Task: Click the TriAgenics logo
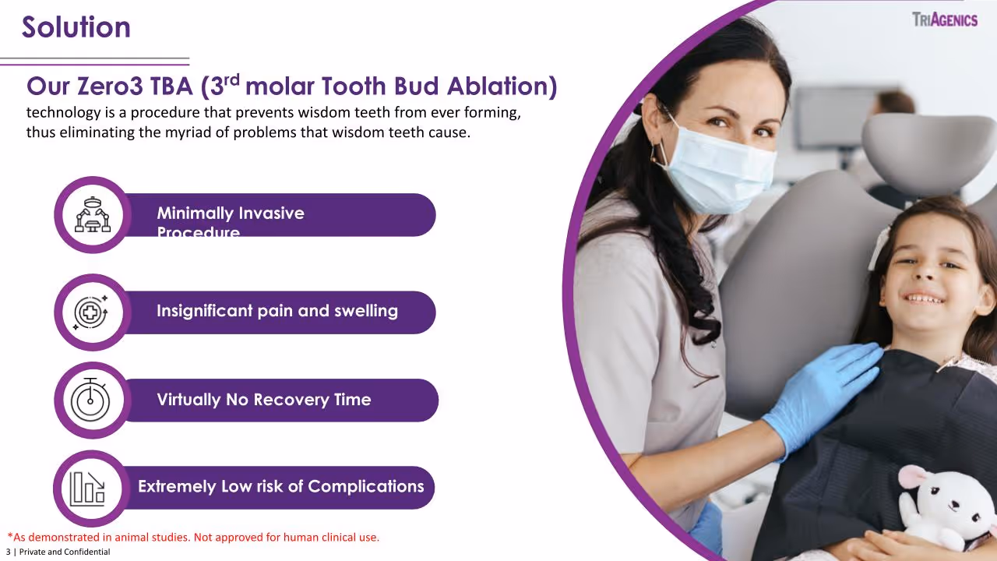tap(944, 19)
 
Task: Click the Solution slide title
tap(76, 27)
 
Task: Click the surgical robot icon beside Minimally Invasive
tap(93, 214)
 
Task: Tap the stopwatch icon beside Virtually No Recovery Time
tap(91, 400)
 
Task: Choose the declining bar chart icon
tap(87, 488)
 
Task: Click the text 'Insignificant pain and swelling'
tap(277, 311)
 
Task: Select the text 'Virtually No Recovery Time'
tap(264, 400)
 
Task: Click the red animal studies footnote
tap(193, 538)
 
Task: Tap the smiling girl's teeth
tap(925, 298)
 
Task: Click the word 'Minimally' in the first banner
tap(195, 213)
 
